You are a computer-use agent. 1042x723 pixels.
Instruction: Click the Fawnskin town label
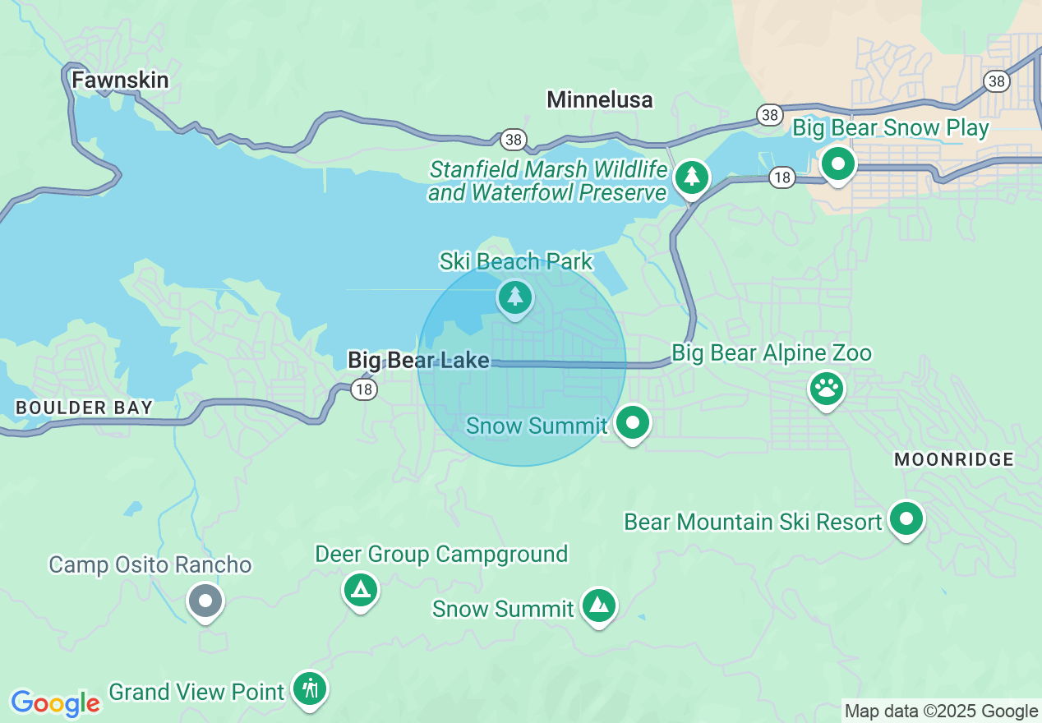(120, 80)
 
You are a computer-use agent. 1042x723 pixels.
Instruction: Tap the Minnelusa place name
(599, 100)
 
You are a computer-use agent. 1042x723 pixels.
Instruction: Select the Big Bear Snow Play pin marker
(837, 164)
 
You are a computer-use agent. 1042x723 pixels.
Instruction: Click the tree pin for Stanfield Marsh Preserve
(691, 177)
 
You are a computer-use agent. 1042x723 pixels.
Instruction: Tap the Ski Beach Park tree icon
(514, 297)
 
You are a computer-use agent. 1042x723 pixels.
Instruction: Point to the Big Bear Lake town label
(418, 360)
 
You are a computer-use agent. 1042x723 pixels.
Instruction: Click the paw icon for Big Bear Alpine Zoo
(827, 389)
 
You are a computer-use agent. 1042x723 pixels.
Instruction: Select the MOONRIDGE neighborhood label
(953, 459)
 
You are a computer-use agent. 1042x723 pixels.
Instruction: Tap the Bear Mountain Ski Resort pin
(906, 519)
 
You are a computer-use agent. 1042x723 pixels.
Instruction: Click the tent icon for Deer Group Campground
(360, 589)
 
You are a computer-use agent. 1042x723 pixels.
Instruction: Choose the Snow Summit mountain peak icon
(598, 606)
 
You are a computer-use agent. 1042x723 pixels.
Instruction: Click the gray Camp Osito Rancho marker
(205, 601)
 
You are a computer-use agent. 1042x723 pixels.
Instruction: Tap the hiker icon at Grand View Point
(310, 688)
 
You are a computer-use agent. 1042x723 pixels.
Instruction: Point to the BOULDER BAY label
(84, 408)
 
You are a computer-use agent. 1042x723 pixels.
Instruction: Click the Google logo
(55, 703)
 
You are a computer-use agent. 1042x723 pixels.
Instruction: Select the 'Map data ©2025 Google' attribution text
(941, 711)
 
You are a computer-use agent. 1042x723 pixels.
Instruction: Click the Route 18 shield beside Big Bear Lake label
(364, 389)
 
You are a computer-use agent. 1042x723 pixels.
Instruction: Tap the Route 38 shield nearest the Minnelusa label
(514, 140)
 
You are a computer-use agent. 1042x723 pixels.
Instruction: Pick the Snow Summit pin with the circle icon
(632, 424)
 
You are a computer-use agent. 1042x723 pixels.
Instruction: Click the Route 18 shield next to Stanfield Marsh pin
(782, 178)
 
